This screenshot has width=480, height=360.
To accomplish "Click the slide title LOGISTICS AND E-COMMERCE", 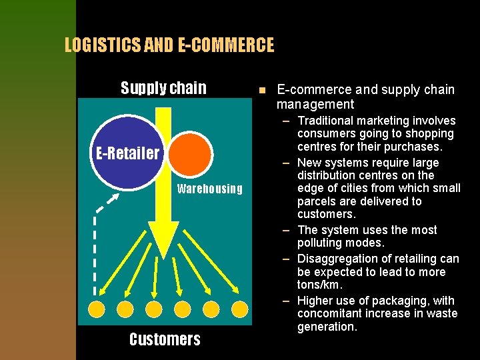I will pos(169,45).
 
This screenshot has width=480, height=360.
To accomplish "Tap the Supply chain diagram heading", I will pos(163,88).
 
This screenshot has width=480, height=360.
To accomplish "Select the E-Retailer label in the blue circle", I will pos(127,153).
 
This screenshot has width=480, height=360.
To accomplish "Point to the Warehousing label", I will pos(209,189).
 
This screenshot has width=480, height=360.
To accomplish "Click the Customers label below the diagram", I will pos(165,339).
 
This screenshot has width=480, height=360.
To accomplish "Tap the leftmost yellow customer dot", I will pos(97,309).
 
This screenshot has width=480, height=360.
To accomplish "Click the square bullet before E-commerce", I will pos(262,91).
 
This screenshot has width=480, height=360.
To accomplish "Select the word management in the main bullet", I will pos(315,104).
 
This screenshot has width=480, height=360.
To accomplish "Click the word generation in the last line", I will pos(327,327).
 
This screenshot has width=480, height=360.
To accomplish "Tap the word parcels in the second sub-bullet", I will pos(317,201).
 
